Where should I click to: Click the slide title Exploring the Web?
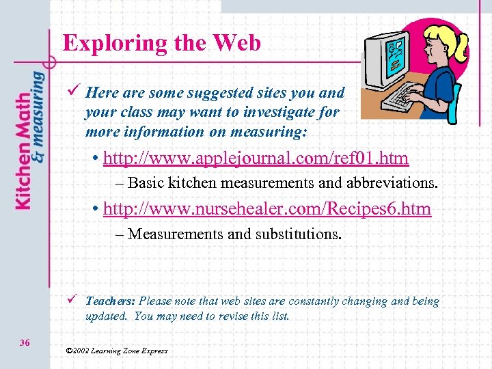(x=162, y=43)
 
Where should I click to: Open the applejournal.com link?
(x=256, y=159)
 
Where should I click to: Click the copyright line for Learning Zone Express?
(x=117, y=351)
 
